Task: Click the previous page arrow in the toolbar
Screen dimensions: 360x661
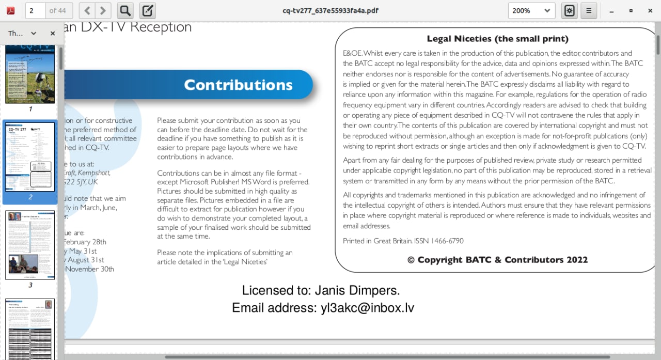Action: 87,10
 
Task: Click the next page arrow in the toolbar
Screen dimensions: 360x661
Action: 103,10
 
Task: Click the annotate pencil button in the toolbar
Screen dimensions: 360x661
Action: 148,10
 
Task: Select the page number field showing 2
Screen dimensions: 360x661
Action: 35,10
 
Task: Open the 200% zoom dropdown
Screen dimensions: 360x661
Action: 531,10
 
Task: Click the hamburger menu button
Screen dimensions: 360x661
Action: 589,10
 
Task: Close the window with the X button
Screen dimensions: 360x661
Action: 650,10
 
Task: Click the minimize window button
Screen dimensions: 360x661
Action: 612,10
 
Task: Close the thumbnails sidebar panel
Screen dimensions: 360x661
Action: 53,33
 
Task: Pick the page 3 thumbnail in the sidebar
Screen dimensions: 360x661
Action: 30,245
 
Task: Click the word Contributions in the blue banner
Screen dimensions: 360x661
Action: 238,85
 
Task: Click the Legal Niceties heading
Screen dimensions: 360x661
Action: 497,39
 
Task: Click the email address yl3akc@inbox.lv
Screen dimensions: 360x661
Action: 367,308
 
